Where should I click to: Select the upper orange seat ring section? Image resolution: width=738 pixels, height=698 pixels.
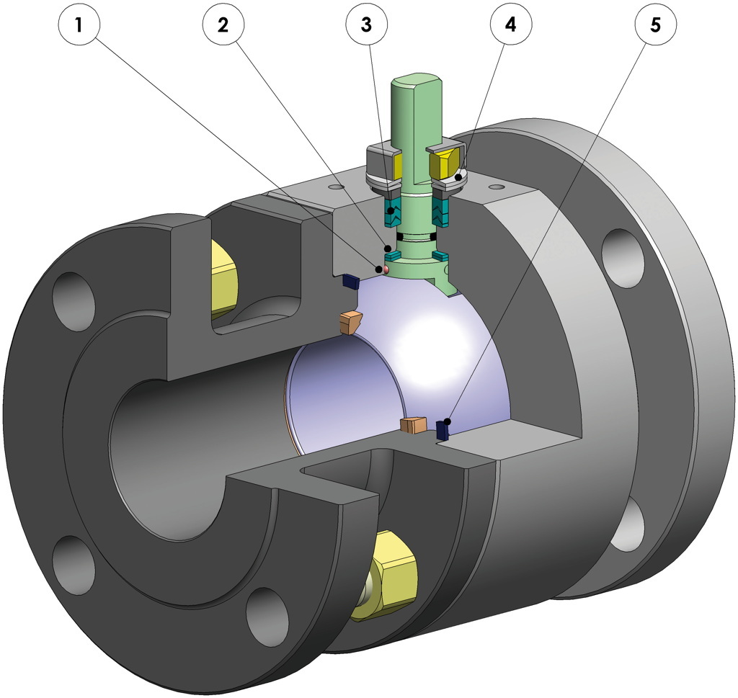(x=349, y=322)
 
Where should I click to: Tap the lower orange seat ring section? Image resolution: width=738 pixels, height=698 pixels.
(x=414, y=425)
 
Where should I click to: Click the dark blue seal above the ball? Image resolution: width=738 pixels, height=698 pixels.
(x=350, y=280)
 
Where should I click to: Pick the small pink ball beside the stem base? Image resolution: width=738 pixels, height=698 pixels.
(x=384, y=269)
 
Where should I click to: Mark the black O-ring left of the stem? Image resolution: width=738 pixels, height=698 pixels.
(x=399, y=237)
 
